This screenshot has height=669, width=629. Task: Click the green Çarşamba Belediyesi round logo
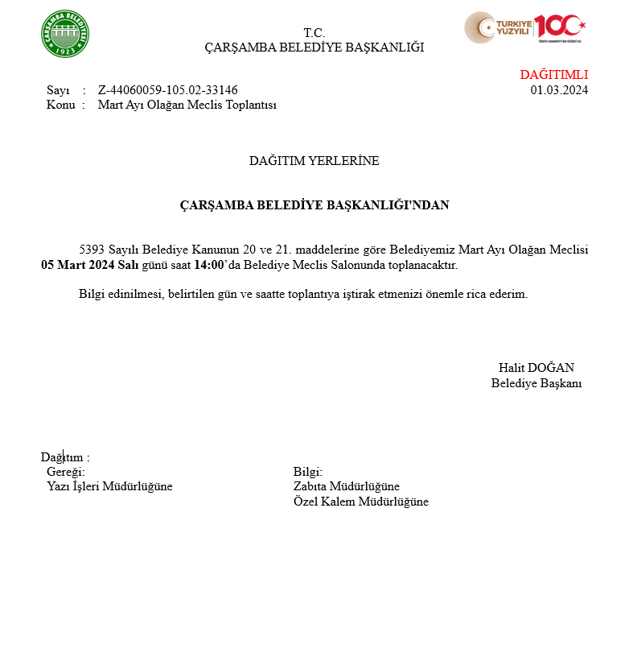(x=65, y=34)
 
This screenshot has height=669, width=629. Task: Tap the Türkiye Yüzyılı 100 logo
(x=524, y=28)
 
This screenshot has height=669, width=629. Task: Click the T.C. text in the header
(x=314, y=33)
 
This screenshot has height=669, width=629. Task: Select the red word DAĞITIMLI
(x=553, y=75)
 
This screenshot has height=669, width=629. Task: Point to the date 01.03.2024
(x=559, y=90)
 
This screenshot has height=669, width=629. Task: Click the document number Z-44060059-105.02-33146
(x=167, y=90)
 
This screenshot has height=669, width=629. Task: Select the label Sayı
(x=58, y=90)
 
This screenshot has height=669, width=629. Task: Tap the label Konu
(x=60, y=105)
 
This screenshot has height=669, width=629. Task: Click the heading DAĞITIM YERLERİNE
(x=314, y=161)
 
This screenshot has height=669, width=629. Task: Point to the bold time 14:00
(x=208, y=265)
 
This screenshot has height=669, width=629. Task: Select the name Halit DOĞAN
(x=536, y=368)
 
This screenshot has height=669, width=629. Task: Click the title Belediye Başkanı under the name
(x=536, y=383)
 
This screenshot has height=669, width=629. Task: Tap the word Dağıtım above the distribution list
(x=61, y=457)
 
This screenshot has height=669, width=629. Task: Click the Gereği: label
(x=66, y=472)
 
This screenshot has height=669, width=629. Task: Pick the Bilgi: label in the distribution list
(x=308, y=472)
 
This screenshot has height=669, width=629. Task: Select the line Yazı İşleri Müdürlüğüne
(x=109, y=486)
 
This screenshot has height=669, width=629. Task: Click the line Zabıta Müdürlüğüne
(x=347, y=486)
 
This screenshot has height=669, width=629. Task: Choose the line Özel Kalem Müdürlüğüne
(x=361, y=502)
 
